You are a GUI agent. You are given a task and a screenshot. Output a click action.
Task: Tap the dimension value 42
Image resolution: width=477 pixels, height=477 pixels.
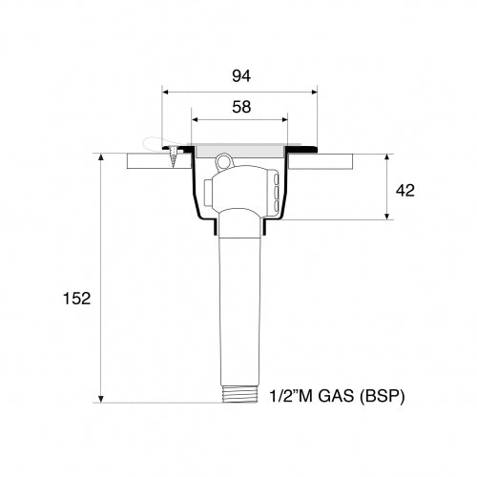pyautogui.click(x=404, y=190)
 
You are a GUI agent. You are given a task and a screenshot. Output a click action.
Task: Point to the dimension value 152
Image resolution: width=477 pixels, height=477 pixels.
pyautogui.click(x=78, y=299)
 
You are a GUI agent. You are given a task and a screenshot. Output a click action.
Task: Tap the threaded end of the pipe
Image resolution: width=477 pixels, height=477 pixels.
pyautogui.click(x=239, y=394)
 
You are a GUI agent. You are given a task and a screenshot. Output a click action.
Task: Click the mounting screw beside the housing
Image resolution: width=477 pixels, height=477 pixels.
pyautogui.click(x=175, y=157)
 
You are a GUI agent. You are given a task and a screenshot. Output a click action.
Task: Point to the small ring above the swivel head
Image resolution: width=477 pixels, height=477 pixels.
pyautogui.click(x=223, y=160)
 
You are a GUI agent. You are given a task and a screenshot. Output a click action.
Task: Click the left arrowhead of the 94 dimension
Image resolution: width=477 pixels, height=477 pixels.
pyautogui.click(x=166, y=93)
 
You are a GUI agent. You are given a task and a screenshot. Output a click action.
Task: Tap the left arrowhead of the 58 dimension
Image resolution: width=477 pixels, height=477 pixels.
pyautogui.click(x=195, y=120)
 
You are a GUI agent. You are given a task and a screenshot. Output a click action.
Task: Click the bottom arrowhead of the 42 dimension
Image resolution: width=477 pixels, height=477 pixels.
pyautogui.click(x=386, y=217)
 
